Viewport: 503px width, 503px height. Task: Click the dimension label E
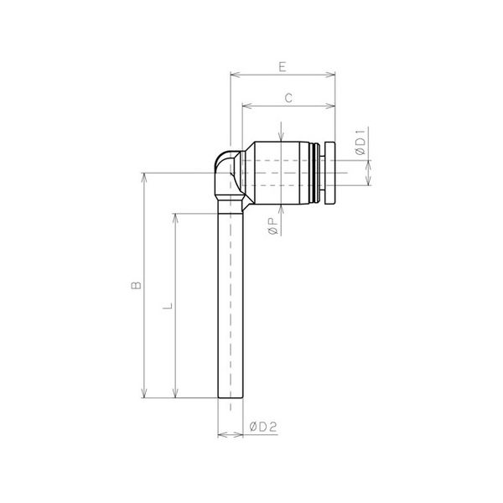(283, 67)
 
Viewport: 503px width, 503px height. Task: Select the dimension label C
(288, 98)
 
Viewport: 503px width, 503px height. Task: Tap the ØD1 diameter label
(360, 142)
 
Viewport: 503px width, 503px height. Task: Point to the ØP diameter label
(272, 226)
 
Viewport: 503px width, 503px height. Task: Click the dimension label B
(137, 285)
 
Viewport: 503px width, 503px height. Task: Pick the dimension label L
(168, 306)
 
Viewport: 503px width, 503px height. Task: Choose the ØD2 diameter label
(263, 427)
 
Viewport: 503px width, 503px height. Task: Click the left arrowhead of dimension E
(236, 75)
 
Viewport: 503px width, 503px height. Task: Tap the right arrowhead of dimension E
(330, 75)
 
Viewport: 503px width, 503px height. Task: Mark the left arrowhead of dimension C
(247, 106)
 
